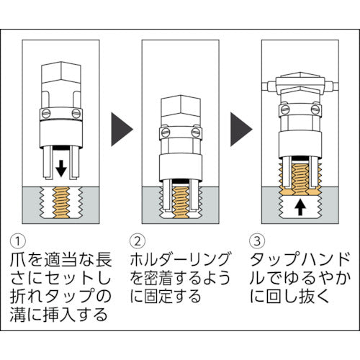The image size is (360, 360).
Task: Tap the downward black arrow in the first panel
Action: [62, 168]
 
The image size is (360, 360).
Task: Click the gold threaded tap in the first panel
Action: [62, 203]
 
